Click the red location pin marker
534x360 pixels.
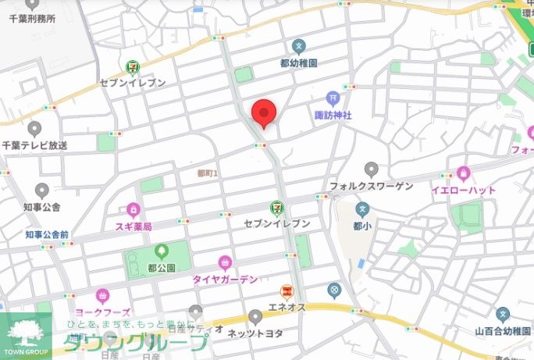pos(263,114)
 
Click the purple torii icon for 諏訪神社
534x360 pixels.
pos(333,98)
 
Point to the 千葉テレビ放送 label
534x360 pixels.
pos(35,145)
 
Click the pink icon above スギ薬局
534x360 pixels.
pos(133,209)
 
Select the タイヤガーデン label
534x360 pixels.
pos(226,279)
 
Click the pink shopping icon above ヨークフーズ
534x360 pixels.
pos(102,296)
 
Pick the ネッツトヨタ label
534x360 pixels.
pos(255,333)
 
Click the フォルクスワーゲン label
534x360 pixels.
pos(370,187)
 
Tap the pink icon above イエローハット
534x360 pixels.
pos(464,173)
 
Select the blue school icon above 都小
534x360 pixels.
pos(361,209)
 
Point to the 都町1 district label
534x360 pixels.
pos(208,172)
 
